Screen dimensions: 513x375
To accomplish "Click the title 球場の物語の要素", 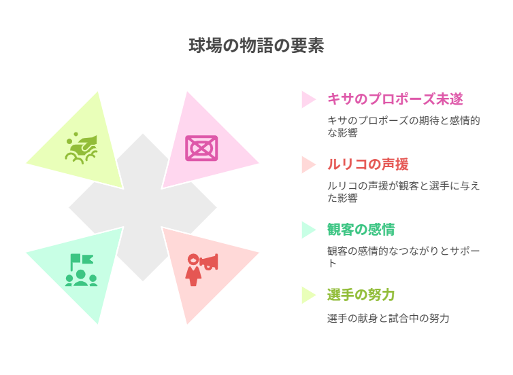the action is tap(256, 46).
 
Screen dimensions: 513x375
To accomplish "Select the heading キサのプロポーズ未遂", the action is tap(395, 99).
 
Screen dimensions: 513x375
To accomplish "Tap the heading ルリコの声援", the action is tap(367, 164).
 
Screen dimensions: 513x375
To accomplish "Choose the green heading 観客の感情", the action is tap(361, 230).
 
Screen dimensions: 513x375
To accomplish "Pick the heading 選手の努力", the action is tap(361, 295).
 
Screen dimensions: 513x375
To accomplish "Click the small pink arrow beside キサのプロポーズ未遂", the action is tap(308, 99).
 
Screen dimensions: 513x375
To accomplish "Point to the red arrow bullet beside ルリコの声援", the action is tap(308, 164).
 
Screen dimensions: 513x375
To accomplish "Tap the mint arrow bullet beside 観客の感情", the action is tap(308, 230).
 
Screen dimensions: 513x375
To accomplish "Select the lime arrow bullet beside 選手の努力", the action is tap(308, 296).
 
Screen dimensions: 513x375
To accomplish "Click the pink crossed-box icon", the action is tap(201, 148).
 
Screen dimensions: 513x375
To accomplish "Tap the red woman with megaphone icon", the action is tap(201, 270).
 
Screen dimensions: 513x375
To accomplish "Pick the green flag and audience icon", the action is tap(81, 270).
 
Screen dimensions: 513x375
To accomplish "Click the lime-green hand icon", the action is tap(81, 148).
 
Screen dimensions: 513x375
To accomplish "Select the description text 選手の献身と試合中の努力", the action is tap(388, 318).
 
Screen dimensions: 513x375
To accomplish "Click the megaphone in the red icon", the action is tap(210, 262).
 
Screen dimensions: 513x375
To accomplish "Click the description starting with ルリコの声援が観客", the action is tap(403, 192).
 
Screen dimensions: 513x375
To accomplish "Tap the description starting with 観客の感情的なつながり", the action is tap(403, 257).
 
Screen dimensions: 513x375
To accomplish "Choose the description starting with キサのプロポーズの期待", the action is tap(403, 126).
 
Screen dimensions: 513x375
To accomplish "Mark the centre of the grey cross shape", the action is tap(143, 207).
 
